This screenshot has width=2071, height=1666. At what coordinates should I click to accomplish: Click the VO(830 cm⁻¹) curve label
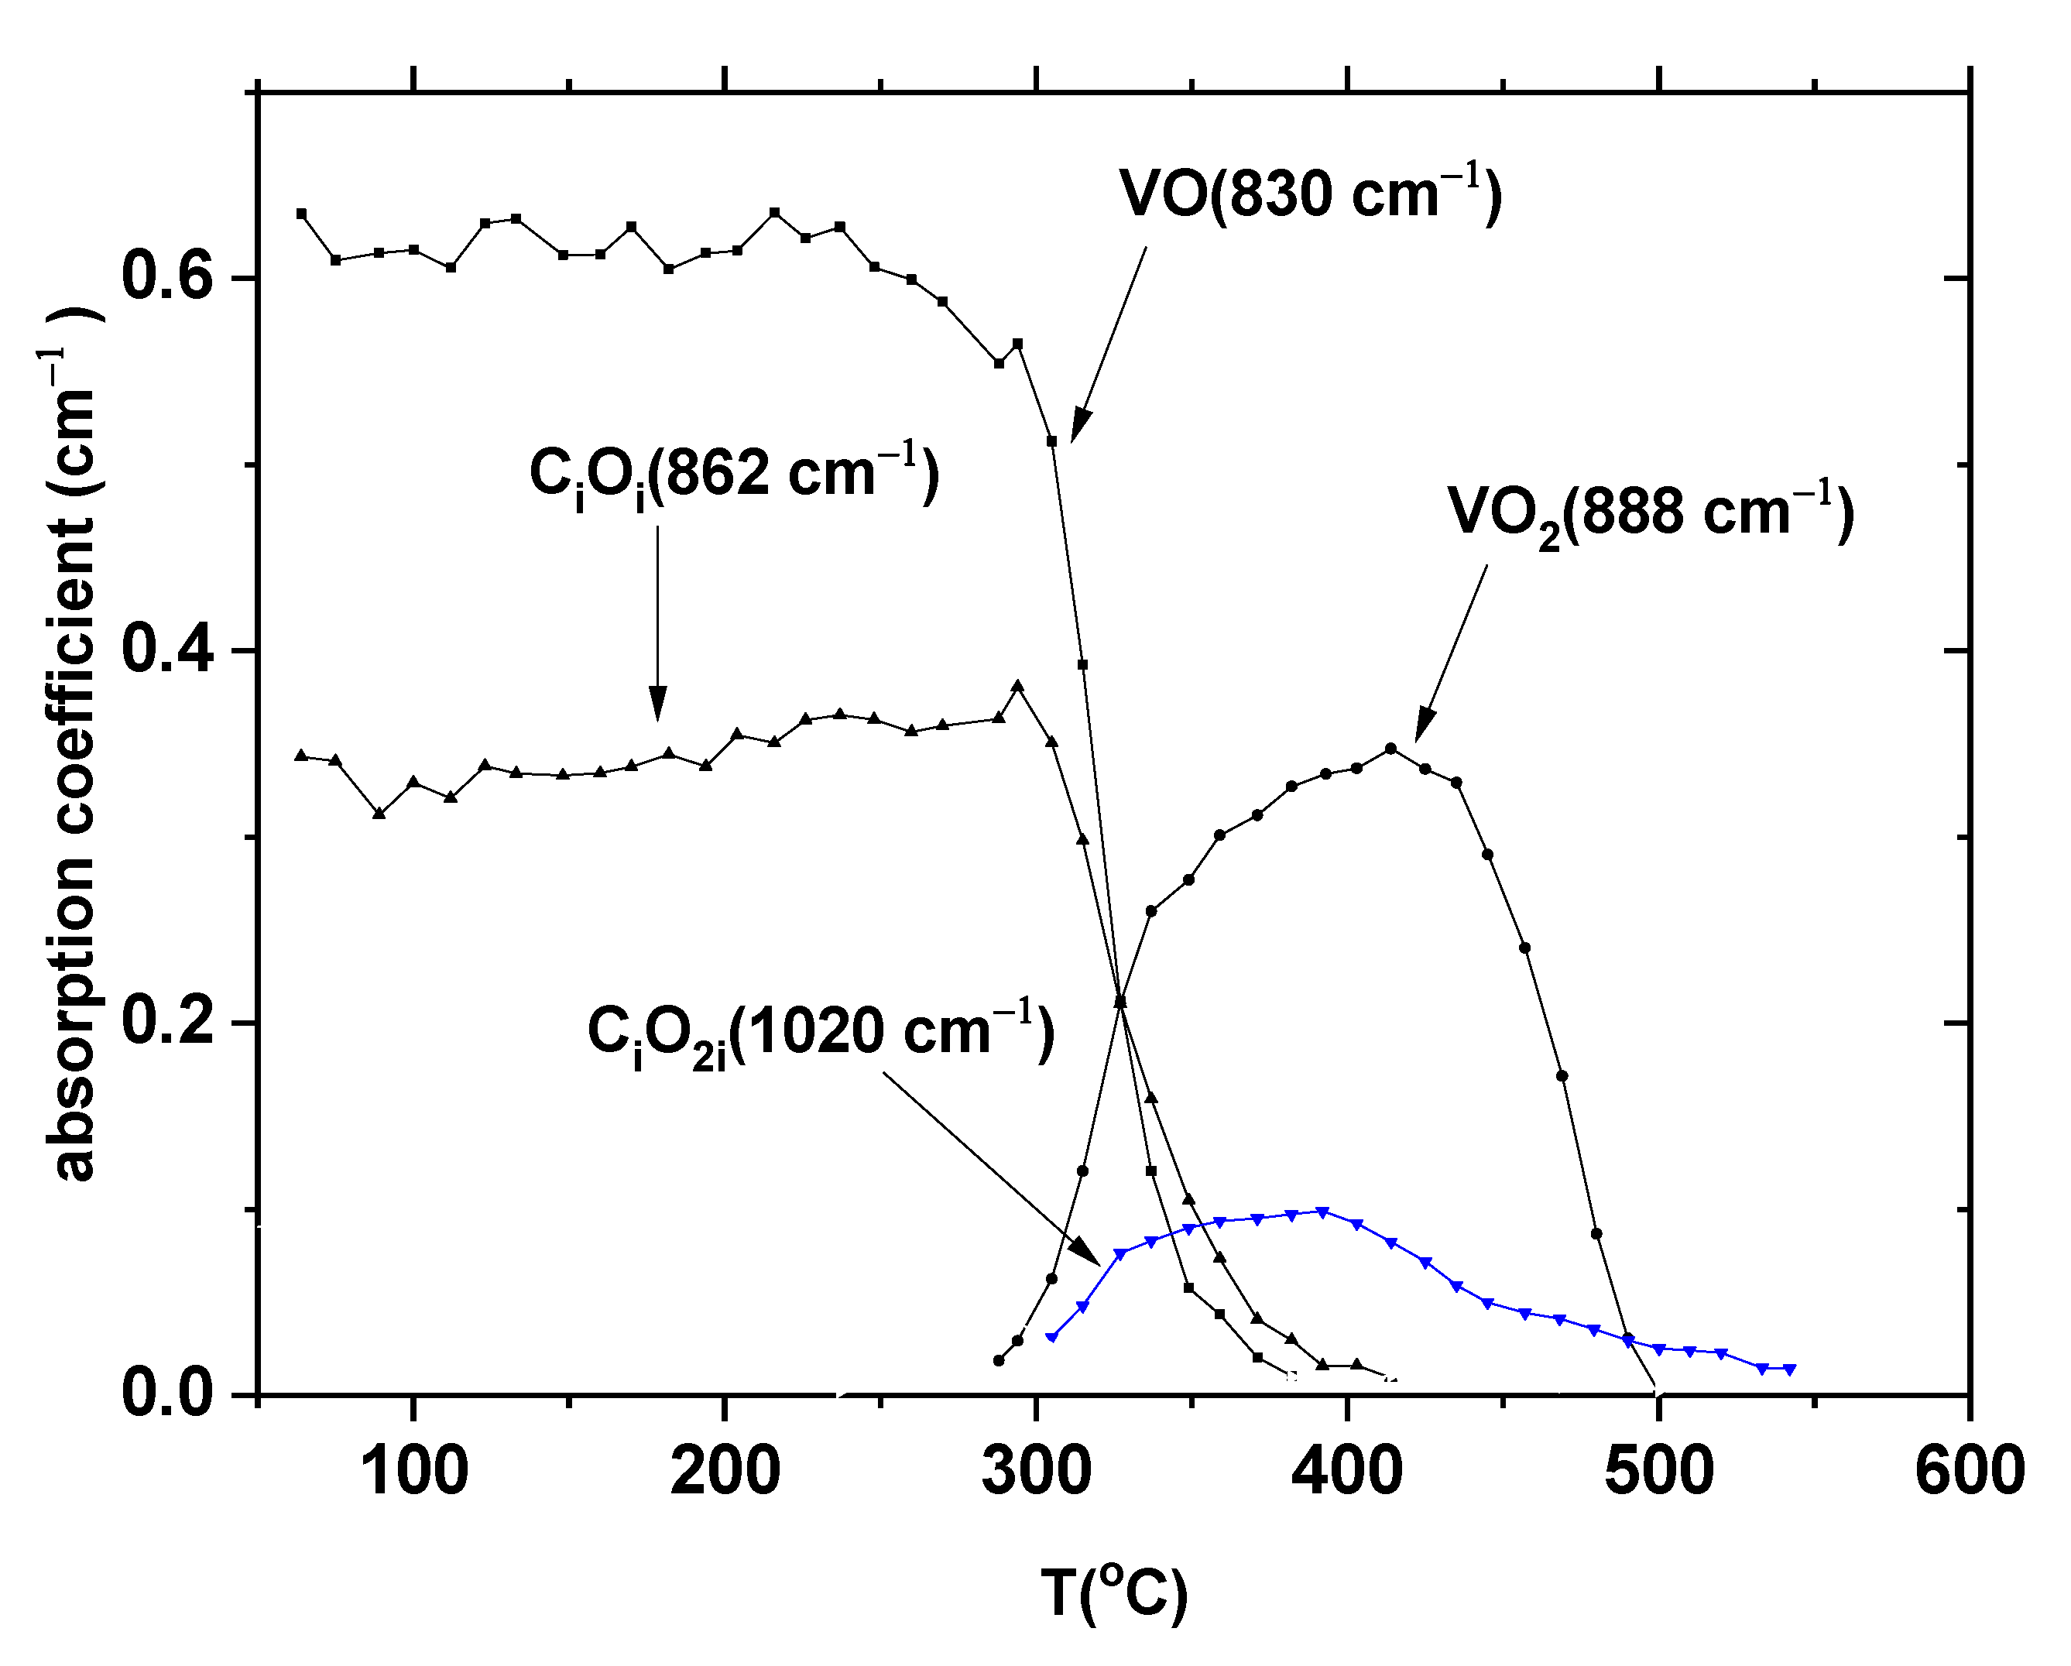pyautogui.click(x=1309, y=195)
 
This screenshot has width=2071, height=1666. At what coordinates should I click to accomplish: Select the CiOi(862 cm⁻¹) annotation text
pyautogui.click(x=734, y=475)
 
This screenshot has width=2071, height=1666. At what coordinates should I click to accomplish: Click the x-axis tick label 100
pyautogui.click(x=415, y=1471)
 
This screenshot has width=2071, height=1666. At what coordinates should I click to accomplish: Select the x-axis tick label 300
pyautogui.click(x=1037, y=1471)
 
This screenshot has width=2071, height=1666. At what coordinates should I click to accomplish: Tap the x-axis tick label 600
pyautogui.click(x=1969, y=1471)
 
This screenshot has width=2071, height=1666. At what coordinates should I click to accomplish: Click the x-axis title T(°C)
pyautogui.click(x=1114, y=1594)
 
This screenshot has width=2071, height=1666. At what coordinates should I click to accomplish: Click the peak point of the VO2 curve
pyautogui.click(x=1390, y=748)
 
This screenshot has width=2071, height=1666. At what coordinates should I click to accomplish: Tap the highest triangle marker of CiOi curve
pyautogui.click(x=1018, y=686)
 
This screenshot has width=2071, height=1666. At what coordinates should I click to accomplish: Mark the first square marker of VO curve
pyautogui.click(x=302, y=214)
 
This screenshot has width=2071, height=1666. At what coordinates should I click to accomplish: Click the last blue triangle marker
pyautogui.click(x=1789, y=1368)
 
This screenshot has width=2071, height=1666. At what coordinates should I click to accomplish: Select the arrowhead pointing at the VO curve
pyautogui.click(x=1080, y=427)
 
